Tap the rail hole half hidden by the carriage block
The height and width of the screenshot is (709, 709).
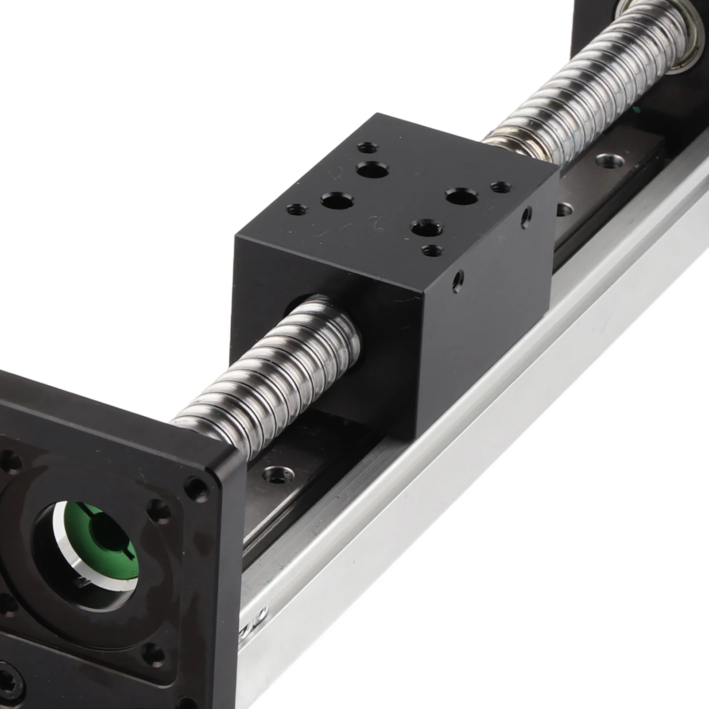564,209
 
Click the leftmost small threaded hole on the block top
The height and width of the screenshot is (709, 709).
294,208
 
